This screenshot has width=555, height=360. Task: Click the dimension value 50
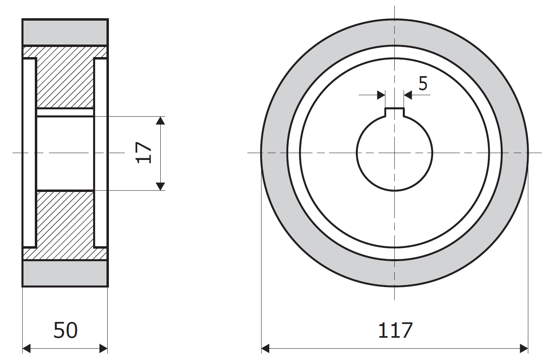point(66,330)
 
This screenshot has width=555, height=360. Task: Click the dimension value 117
point(396,330)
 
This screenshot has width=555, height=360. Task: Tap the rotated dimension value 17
point(144,153)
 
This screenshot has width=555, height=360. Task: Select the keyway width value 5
point(423,83)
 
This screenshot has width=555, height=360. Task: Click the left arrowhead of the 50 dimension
point(26,348)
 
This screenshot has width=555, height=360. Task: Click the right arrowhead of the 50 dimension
point(103,348)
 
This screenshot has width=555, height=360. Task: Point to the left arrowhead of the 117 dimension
point(266,348)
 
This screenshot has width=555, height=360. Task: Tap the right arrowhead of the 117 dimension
point(524,348)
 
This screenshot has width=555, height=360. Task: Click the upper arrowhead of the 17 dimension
point(161,121)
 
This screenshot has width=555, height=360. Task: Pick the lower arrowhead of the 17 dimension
point(161,186)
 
